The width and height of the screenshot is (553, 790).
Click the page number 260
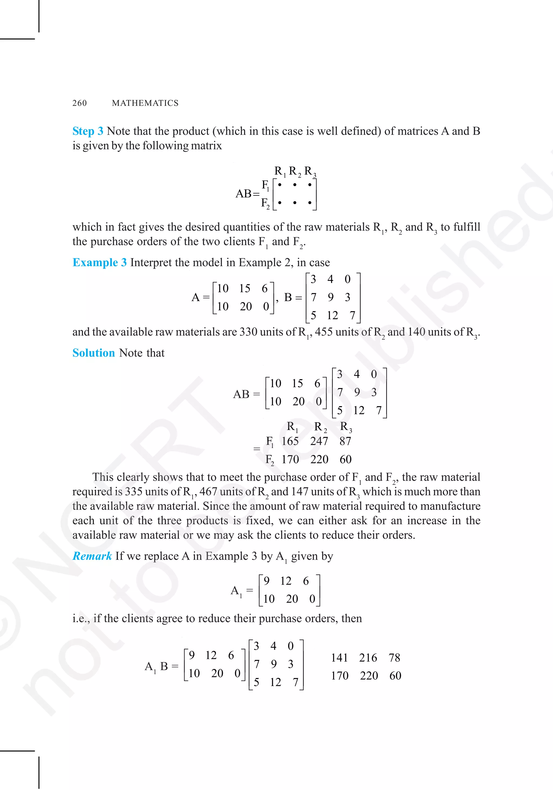tap(79, 103)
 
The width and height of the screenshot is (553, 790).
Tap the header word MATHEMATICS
tap(145, 103)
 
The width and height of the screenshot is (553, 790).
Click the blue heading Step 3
tap(88, 131)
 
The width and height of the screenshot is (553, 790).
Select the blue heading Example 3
tap(99, 262)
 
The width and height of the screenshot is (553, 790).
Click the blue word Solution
tap(94, 353)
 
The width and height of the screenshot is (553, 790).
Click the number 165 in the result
tap(290, 441)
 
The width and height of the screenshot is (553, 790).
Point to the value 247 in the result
tap(319, 441)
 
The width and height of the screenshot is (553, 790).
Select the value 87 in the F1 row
tap(345, 441)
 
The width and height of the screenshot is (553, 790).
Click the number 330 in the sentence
tap(248, 332)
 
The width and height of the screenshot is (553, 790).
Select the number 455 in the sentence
tap(324, 332)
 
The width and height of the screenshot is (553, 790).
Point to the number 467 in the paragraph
tap(208, 492)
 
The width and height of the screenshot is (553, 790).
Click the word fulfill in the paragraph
tap(467, 227)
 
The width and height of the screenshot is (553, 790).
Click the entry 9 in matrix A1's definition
tap(266, 581)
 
